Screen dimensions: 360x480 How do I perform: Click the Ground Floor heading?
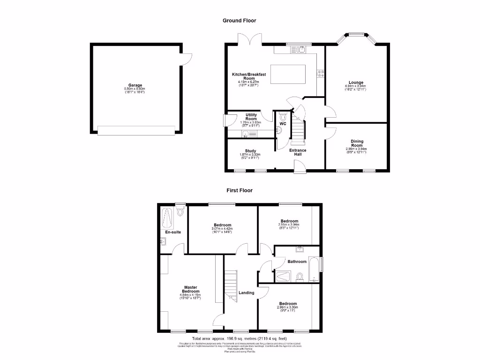tap(239, 21)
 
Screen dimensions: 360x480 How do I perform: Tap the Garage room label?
tap(135, 85)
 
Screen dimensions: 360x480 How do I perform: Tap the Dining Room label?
tap(357, 143)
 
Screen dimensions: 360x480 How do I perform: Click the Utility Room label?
tap(251, 117)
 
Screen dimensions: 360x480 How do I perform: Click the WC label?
tap(283, 124)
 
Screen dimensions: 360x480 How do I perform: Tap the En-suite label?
tap(173, 232)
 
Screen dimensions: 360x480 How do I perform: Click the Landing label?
tap(247, 292)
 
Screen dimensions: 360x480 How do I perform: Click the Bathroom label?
tap(297, 262)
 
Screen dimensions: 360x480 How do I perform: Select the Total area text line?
tap(240, 338)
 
